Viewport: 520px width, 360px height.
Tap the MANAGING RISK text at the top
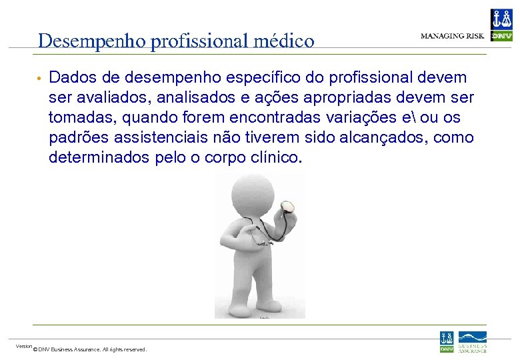coord(452,35)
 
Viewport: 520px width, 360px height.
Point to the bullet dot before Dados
coord(40,79)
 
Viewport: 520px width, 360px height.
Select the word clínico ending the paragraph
coord(275,158)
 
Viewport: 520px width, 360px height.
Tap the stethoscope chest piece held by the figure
coord(288,207)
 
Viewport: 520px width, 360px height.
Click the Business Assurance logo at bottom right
coord(472,341)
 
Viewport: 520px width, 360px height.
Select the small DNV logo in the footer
coord(446,341)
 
